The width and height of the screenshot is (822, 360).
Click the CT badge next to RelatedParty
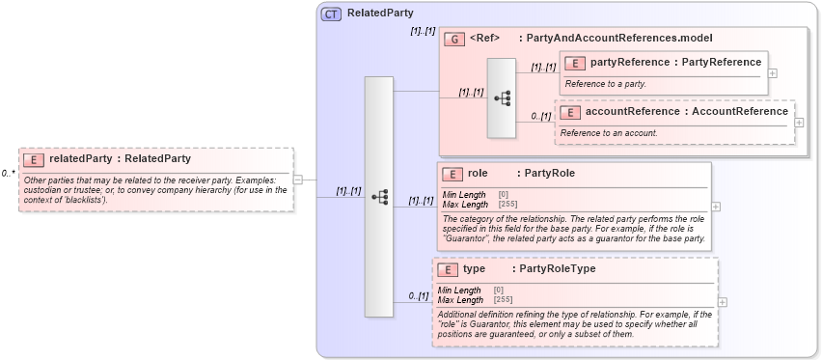tap(331, 14)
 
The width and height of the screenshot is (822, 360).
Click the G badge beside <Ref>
tap(454, 39)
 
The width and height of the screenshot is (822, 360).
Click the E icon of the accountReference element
tap(569, 112)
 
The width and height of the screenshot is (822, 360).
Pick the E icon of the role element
tap(452, 175)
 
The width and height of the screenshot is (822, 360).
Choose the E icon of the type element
tap(447, 270)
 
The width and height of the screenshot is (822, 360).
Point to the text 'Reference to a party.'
tap(605, 84)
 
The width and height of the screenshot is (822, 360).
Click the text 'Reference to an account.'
tap(609, 132)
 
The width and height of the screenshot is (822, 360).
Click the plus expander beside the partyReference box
tap(773, 73)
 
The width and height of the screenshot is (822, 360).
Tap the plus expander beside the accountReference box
tap(799, 122)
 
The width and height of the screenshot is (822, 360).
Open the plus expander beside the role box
tap(715, 207)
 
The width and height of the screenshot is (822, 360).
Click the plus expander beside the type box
tap(723, 302)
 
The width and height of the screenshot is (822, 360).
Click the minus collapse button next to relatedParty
tap(298, 179)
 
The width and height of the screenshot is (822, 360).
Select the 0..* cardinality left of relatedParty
tap(8, 174)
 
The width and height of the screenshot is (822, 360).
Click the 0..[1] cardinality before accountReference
tap(540, 117)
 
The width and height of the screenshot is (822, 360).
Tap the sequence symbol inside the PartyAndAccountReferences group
tap(502, 97)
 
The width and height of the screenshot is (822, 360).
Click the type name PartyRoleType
tap(557, 269)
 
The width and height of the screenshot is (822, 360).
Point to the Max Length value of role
tap(507, 204)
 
